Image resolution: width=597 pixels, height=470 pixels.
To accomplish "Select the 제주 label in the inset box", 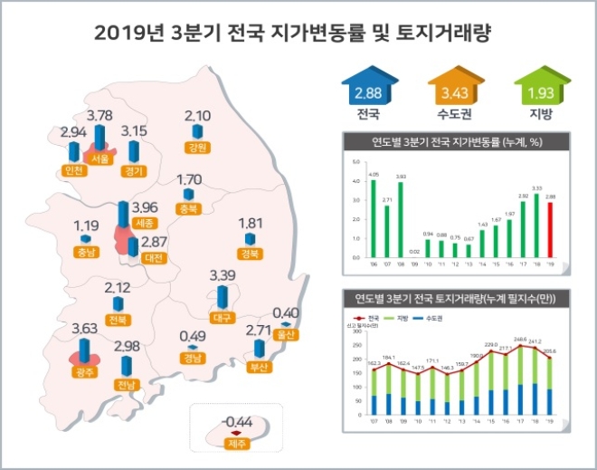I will [x=237, y=444].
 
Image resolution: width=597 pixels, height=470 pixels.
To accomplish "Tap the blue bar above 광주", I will [x=85, y=346].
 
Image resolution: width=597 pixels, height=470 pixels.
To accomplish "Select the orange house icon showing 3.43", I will [x=451, y=93].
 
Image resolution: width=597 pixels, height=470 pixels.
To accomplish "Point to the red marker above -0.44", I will [x=237, y=431].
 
